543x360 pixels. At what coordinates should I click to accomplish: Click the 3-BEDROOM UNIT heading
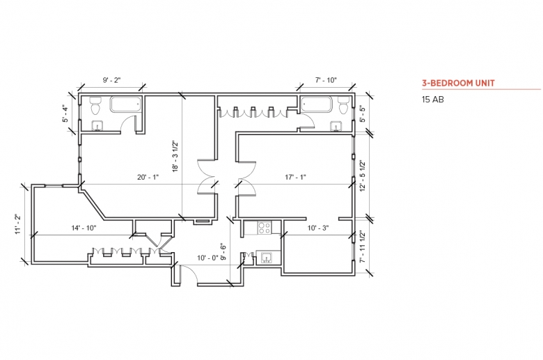click(458, 83)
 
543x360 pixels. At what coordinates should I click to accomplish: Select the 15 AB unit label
click(432, 100)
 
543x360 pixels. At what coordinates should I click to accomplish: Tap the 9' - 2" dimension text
click(111, 80)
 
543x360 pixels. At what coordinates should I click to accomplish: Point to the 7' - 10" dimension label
click(326, 80)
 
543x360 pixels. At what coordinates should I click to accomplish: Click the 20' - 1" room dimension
click(148, 177)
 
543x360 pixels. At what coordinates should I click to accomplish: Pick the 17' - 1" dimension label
click(295, 177)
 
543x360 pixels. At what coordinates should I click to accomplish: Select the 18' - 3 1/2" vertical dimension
click(175, 156)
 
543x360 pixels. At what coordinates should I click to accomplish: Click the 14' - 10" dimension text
click(84, 228)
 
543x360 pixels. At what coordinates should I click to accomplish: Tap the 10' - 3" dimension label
click(318, 228)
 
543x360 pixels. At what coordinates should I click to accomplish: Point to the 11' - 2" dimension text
click(17, 224)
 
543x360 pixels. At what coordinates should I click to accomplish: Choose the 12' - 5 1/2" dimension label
click(363, 175)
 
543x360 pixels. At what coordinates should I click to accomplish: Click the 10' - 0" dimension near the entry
click(207, 258)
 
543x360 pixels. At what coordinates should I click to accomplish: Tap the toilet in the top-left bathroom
click(95, 106)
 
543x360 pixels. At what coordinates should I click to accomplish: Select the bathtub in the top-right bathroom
click(317, 104)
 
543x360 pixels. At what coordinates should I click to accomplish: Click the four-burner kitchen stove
click(265, 228)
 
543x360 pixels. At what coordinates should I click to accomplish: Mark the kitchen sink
click(267, 258)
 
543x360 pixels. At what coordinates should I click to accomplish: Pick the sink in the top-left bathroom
click(97, 126)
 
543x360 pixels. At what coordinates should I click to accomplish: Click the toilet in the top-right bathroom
click(343, 105)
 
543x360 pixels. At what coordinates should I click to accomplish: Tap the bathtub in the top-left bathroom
click(126, 104)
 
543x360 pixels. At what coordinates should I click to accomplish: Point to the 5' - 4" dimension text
click(65, 114)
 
